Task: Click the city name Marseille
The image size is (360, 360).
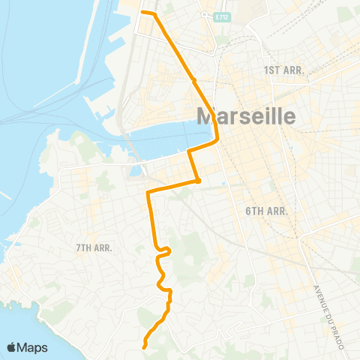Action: tap(245, 116)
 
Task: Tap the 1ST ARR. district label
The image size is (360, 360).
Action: tap(282, 70)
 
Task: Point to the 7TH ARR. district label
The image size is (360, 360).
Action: tap(94, 247)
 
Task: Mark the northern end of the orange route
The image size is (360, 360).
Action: tap(143, 13)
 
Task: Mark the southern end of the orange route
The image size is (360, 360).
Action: tap(143, 346)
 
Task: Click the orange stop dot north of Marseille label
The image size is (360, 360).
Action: tap(194, 79)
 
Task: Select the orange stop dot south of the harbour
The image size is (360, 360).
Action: tap(197, 180)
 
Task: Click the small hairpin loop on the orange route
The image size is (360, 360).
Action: tap(168, 250)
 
